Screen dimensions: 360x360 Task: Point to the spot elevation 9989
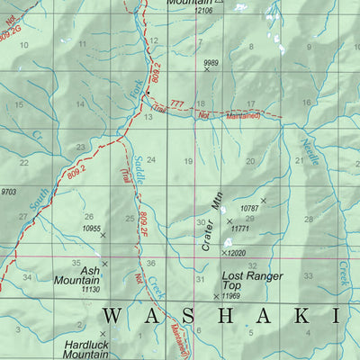click(x=211, y=62)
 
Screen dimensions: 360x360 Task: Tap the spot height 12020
click(x=235, y=254)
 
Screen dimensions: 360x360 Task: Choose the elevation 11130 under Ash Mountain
click(x=89, y=290)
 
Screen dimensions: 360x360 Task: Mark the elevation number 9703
click(x=8, y=192)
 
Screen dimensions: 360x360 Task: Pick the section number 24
click(x=152, y=159)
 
